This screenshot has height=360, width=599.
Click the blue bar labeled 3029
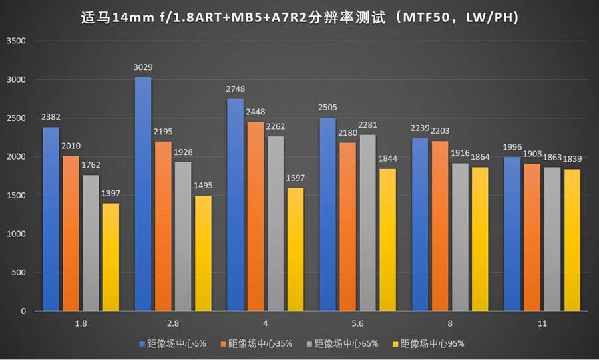(143, 194)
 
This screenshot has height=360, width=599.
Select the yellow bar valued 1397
(110, 257)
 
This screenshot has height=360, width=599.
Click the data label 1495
(204, 186)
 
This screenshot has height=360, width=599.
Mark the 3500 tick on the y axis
(16, 41)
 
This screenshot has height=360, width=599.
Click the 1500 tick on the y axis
(16, 196)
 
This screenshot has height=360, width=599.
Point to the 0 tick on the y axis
(22, 311)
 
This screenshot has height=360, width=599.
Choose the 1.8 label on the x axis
(81, 323)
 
